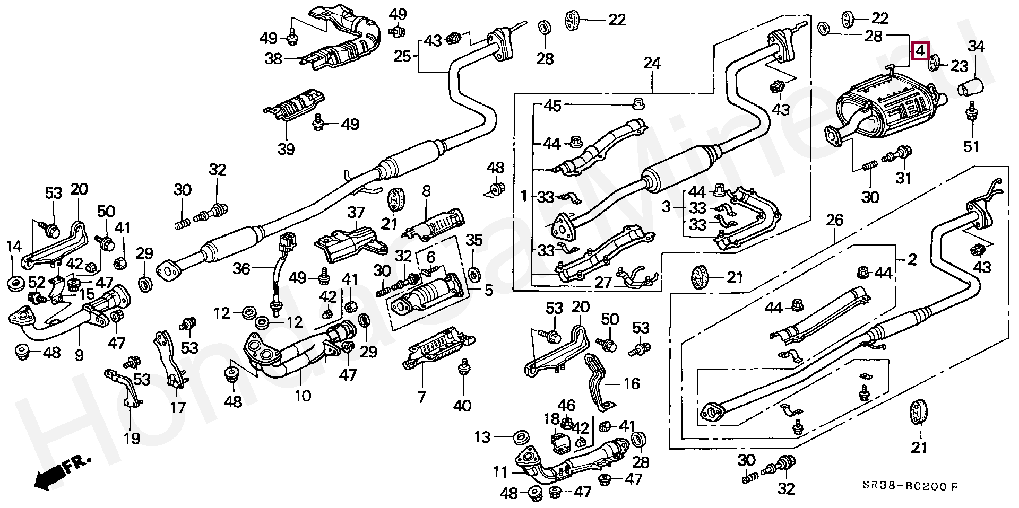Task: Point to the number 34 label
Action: coord(976,47)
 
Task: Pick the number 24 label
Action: coord(652,64)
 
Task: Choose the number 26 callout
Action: coord(835,220)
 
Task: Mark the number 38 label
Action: coord(273,58)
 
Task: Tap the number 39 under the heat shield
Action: coord(286,149)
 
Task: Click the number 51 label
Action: coord(971,146)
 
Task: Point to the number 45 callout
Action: coord(552,106)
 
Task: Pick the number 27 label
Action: coord(603,282)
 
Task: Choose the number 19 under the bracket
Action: coord(132,438)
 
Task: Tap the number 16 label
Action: coord(631,383)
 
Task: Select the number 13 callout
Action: coord(482,437)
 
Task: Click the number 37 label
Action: coord(356,213)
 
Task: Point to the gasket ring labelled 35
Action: coord(474,274)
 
